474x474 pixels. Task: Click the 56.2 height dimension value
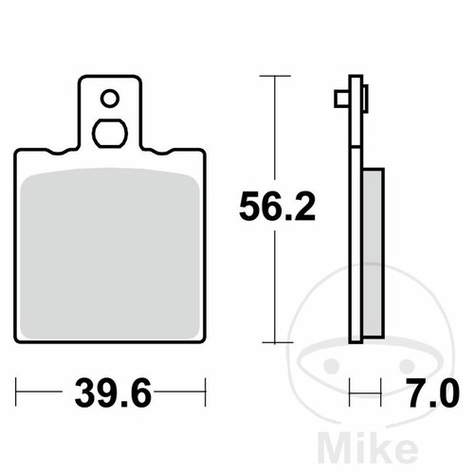[x=277, y=207]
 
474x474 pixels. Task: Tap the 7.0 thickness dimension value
[x=432, y=393]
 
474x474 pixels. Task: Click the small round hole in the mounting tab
[x=110, y=99]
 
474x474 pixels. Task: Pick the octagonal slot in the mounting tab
[x=110, y=134]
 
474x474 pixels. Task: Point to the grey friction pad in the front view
[x=110, y=254]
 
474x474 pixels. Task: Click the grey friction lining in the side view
[x=374, y=253]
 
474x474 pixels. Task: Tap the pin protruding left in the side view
[x=342, y=99]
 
